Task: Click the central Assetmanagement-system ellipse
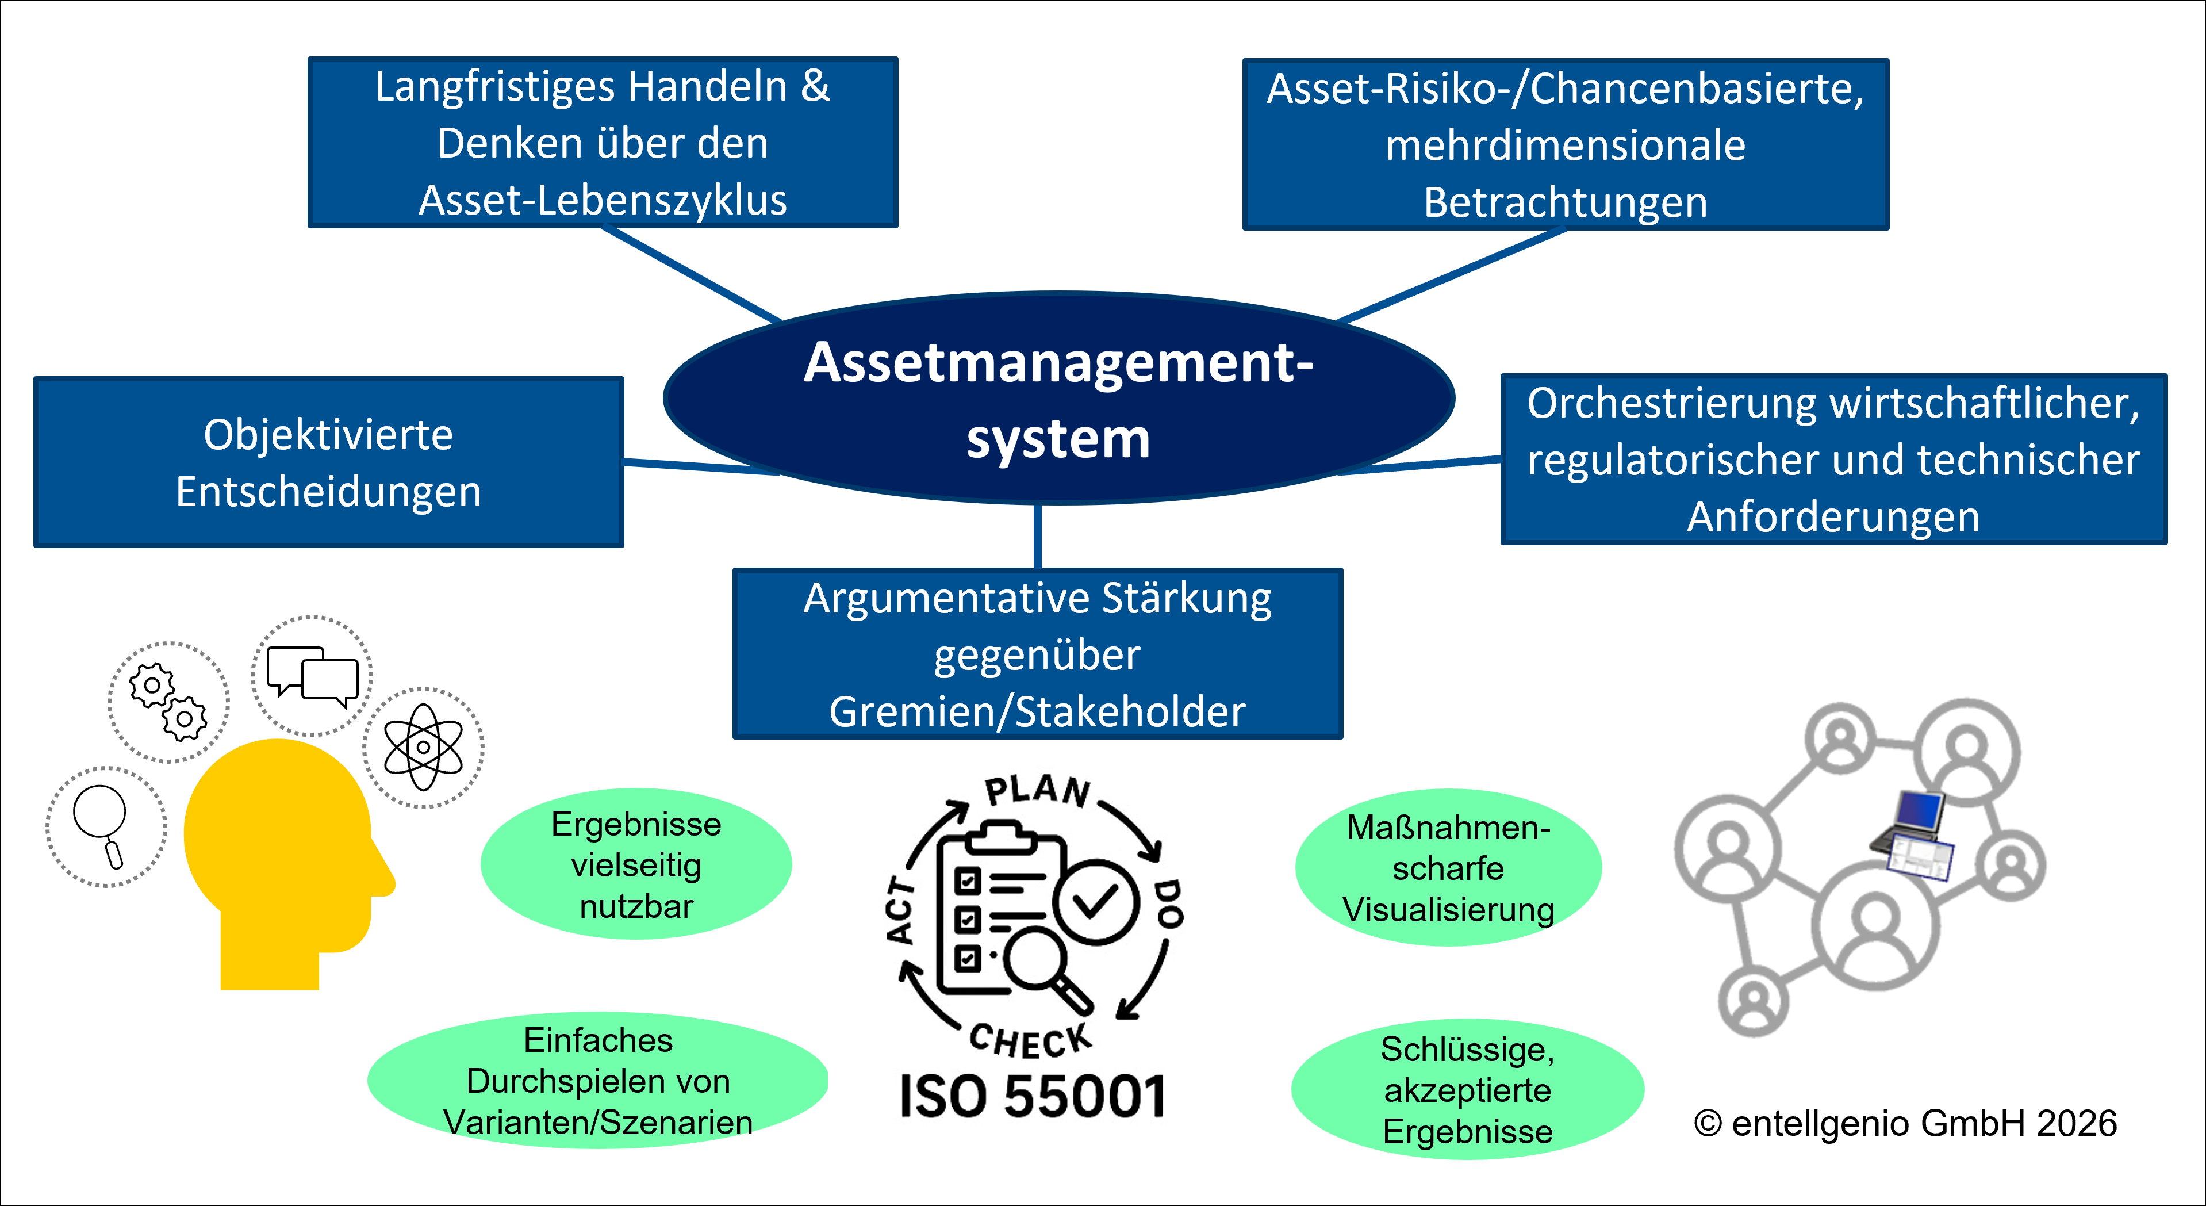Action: pos(1058,399)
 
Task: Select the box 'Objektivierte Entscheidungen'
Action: pos(329,462)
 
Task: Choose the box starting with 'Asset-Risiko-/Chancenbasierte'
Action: pos(1566,144)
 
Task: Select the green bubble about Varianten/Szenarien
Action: pos(598,1081)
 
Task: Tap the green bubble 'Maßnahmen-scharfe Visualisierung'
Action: pos(1448,868)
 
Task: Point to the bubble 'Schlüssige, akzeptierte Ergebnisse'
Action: pos(1467,1089)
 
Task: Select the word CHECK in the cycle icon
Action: pos(1030,1040)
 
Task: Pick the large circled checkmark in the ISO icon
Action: pos(1096,902)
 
